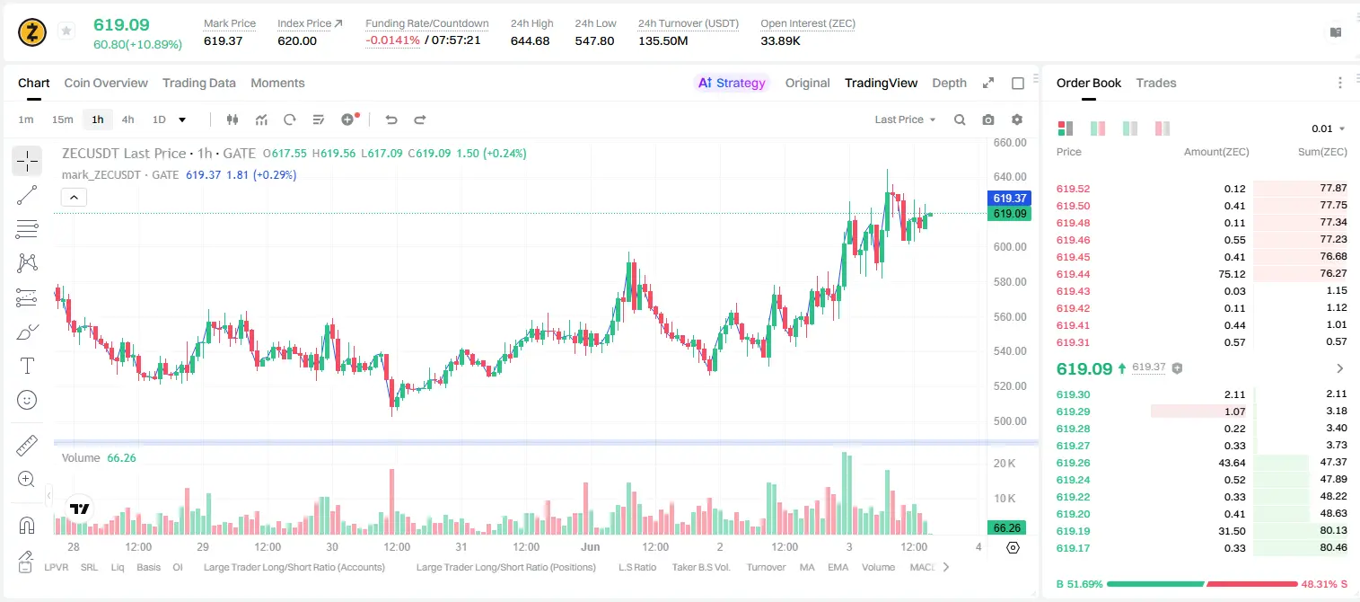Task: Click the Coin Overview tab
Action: coord(106,83)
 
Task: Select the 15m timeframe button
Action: coord(62,120)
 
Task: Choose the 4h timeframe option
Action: coord(127,120)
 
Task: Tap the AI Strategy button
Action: coord(732,83)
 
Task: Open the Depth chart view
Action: coord(949,83)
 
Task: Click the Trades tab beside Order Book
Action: coord(1156,83)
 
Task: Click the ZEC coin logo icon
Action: coord(32,32)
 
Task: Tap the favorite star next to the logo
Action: coord(66,31)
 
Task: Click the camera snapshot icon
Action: coord(988,120)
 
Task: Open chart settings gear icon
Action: coord(1017,120)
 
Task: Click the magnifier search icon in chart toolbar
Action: coord(960,120)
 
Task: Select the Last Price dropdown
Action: coord(905,120)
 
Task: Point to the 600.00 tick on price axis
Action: coord(1010,246)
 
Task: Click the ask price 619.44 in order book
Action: coord(1073,274)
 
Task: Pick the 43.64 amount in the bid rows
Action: coord(1232,463)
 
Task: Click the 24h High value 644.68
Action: coord(530,40)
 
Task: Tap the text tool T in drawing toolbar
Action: coord(27,366)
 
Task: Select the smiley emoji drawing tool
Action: coord(27,400)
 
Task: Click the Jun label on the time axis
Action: coord(590,546)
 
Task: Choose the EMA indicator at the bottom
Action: coord(838,567)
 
